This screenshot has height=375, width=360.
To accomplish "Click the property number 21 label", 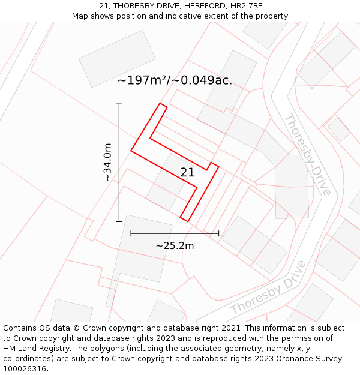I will pyautogui.click(x=187, y=172).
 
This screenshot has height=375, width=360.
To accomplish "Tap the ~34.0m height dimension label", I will pyautogui.click(x=107, y=162).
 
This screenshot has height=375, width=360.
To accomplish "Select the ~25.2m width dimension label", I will pyautogui.click(x=175, y=245).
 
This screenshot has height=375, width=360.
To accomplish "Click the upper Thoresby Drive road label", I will pyautogui.click(x=307, y=154).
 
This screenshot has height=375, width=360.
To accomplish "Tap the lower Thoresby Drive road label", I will pyautogui.click(x=268, y=287).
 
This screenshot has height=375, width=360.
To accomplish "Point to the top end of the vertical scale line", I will pyautogui.click(x=119, y=103).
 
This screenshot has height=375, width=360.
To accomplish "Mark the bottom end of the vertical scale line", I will pyautogui.click(x=119, y=221).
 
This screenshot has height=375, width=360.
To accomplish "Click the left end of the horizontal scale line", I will pyautogui.click(x=131, y=233).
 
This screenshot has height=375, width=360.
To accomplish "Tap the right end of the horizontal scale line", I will pyautogui.click(x=218, y=233).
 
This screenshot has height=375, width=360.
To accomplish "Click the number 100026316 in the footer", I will pyautogui.click(x=24, y=368).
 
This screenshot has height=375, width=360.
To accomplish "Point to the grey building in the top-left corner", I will pyautogui.click(x=117, y=58).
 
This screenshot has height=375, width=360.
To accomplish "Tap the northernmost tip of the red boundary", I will pyautogui.click(x=160, y=103).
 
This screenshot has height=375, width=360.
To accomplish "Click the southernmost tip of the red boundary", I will pyautogui.click(x=188, y=221).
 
